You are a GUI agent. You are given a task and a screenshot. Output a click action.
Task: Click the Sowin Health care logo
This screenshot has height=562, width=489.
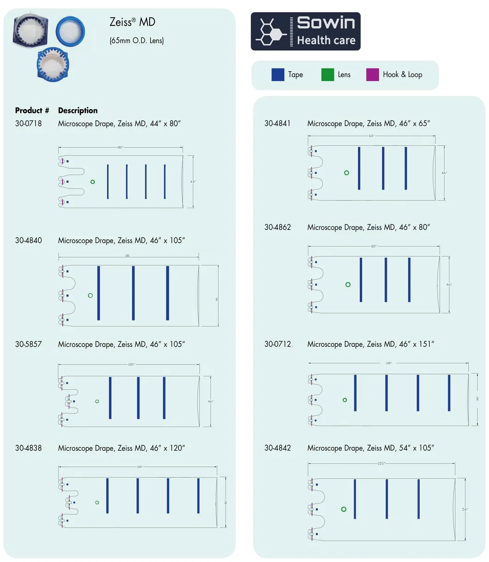(305, 31)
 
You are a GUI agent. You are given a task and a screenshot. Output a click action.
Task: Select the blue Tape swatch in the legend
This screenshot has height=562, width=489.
(278, 75)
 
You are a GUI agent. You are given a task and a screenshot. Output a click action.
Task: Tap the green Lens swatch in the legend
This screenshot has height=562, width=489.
(327, 75)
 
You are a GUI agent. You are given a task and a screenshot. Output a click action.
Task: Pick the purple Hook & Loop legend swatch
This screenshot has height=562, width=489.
(372, 75)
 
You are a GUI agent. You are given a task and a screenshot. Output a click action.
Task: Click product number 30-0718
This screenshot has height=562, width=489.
(28, 124)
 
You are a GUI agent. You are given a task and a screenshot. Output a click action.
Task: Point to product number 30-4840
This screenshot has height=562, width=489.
(28, 240)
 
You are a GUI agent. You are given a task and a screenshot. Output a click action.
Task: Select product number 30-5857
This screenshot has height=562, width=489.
(28, 344)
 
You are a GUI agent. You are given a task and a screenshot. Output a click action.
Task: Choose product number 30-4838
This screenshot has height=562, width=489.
(28, 448)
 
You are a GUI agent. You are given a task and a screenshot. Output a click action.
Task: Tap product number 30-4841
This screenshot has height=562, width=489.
(278, 124)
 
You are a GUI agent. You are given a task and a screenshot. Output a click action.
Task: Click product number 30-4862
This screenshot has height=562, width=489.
(278, 227)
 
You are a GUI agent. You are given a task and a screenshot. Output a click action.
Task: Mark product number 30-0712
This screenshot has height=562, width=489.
(278, 344)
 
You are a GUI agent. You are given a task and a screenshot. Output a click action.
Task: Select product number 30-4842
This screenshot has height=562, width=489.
(278, 448)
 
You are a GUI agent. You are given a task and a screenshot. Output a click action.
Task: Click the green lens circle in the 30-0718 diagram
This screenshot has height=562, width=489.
(93, 182)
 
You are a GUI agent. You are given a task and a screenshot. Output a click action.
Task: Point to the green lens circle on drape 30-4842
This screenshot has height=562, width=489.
(344, 509)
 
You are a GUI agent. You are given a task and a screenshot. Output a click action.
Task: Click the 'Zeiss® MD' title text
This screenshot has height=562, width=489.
(132, 22)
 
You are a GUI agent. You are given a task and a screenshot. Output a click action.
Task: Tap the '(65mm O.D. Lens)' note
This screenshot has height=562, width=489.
(137, 41)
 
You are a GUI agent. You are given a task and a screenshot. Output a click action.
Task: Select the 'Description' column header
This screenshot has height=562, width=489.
(78, 111)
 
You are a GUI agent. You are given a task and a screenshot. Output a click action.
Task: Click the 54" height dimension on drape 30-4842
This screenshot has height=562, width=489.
(465, 509)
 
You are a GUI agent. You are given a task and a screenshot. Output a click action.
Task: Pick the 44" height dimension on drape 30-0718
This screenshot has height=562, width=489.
(193, 182)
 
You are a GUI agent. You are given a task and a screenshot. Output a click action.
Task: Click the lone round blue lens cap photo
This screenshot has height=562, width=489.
(70, 30)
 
